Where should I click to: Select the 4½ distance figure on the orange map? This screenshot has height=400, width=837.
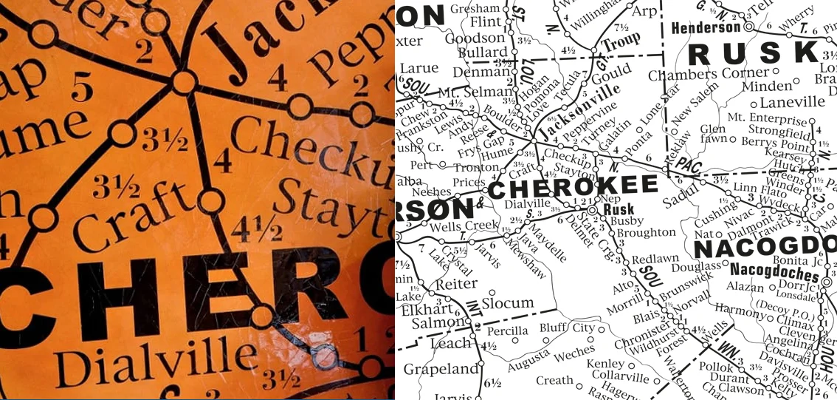tap(255, 231)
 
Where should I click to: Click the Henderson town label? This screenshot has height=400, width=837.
tap(705, 27)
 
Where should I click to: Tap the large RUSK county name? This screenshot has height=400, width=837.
tap(754, 53)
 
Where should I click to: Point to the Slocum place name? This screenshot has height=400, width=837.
tap(508, 302)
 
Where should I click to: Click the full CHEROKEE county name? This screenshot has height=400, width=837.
tap(572, 187)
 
